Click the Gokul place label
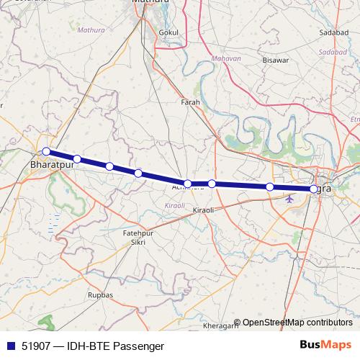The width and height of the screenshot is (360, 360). coord(169,32)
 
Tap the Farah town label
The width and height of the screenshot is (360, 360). coord(190,102)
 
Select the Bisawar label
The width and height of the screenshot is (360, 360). coord(274,60)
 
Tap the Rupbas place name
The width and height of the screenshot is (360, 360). coord(100,294)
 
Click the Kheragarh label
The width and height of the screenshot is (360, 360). coord(225,326)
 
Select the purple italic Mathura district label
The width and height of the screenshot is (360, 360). coord(91,31)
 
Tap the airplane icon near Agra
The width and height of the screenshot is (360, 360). coord(289,199)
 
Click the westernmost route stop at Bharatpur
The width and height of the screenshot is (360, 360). coord(46,151)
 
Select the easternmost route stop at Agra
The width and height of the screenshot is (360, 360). coord(313,189)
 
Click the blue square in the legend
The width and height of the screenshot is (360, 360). coord(11,346)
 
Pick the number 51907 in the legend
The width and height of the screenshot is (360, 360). coord(37,346)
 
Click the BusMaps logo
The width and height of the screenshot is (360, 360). coord(325,345)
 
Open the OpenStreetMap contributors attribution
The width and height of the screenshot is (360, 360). coord(297,323)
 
